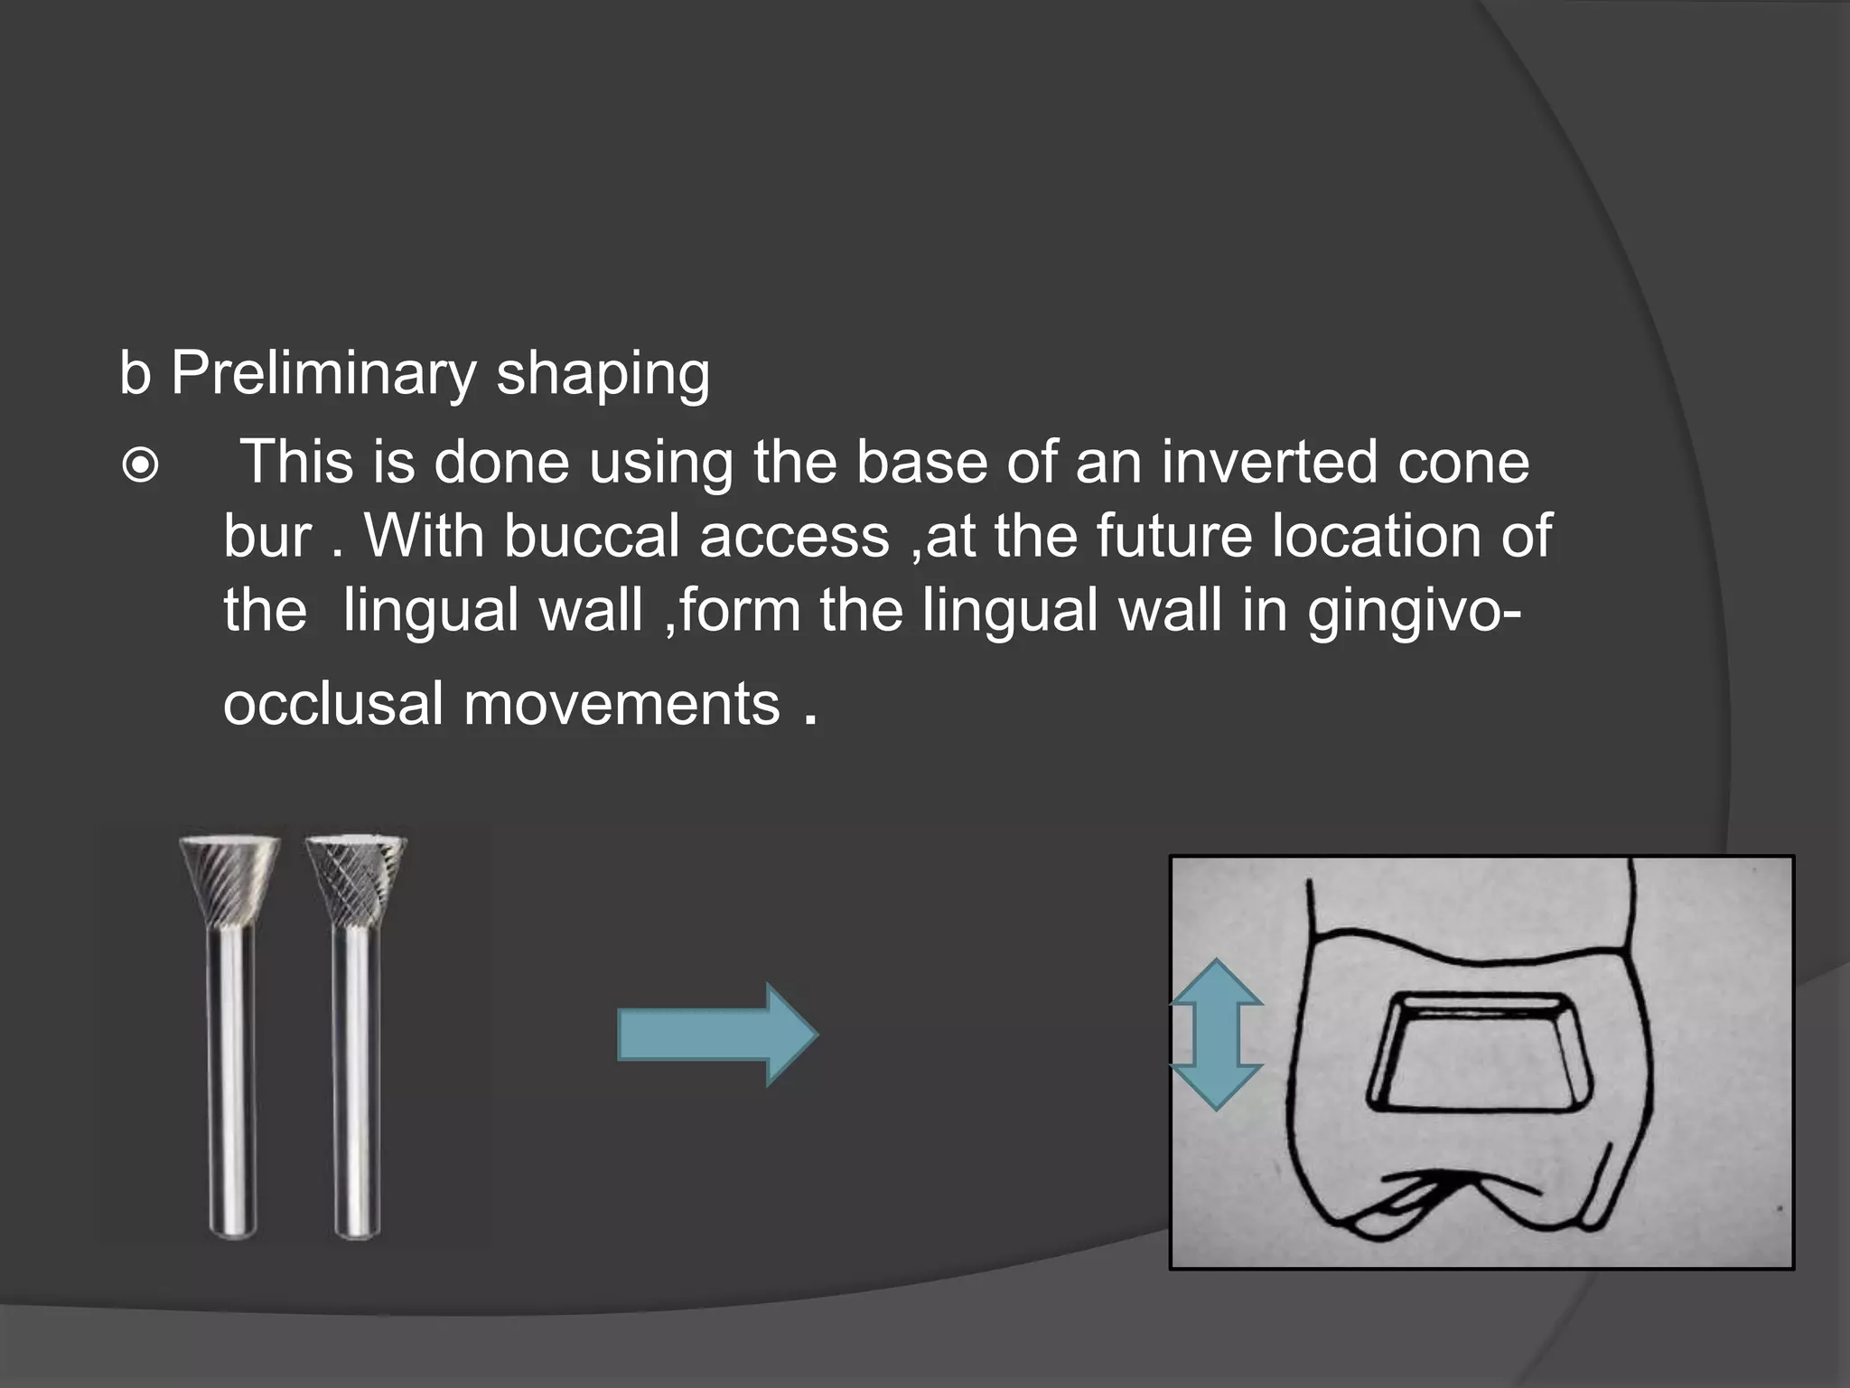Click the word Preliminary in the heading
click(323, 373)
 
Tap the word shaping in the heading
click(603, 373)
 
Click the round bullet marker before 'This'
click(140, 466)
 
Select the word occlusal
click(333, 704)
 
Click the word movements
click(621, 704)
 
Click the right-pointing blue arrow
click(717, 1035)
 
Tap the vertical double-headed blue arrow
click(1216, 1035)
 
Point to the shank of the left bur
click(232, 1084)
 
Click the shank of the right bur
click(357, 1084)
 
